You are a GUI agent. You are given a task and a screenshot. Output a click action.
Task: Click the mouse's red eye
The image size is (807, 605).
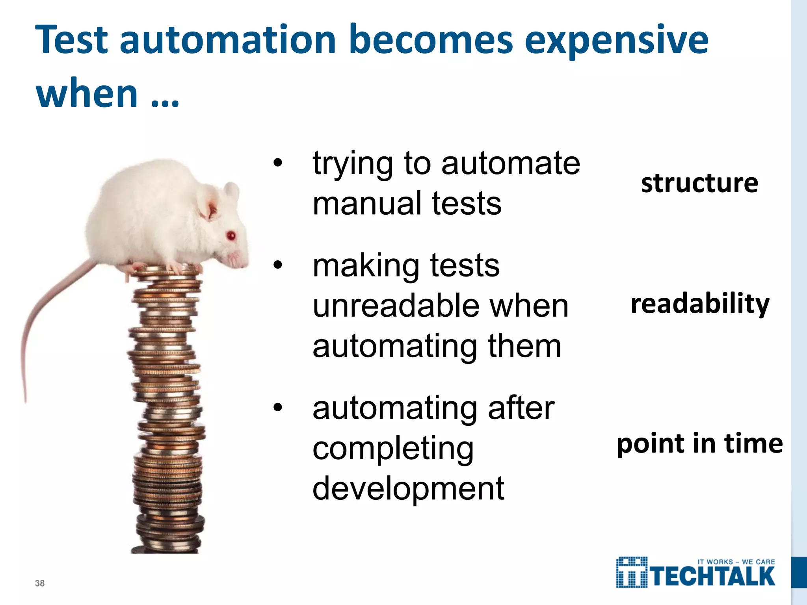[x=231, y=236]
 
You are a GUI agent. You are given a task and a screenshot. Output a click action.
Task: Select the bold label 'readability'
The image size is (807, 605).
[x=700, y=304]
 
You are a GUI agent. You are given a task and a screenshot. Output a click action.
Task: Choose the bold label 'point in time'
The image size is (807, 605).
[x=700, y=444]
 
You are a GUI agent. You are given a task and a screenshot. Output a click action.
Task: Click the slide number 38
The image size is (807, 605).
[x=40, y=583]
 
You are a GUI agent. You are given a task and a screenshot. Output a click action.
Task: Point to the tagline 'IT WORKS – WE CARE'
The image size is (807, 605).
[x=736, y=562]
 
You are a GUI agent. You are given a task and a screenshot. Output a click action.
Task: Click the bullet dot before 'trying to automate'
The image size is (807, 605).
[x=278, y=163]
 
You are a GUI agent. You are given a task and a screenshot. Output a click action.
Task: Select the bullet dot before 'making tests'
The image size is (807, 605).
[x=278, y=265]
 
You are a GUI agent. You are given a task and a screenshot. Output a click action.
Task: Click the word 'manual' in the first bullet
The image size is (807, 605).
[x=367, y=204]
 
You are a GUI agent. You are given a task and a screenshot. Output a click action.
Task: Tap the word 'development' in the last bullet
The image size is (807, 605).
[x=408, y=488]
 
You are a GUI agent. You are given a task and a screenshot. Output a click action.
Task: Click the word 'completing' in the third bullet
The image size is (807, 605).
[x=393, y=449]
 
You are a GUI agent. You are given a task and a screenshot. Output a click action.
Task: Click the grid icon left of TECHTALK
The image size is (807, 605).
[x=632, y=572]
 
